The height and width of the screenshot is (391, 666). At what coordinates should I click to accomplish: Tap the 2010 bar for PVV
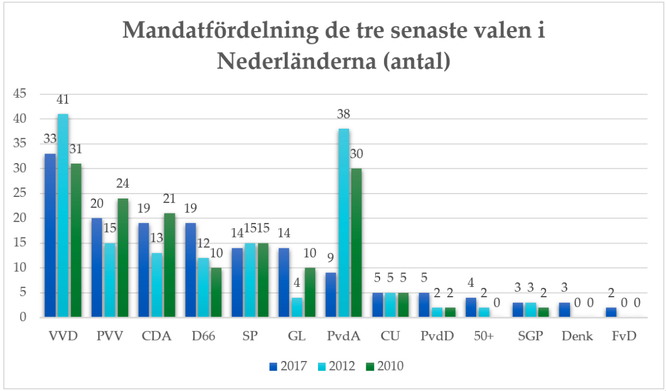click(x=123, y=257)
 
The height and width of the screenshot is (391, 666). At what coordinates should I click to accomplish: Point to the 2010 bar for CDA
click(x=169, y=265)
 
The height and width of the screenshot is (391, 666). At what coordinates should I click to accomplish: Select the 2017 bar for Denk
click(x=564, y=310)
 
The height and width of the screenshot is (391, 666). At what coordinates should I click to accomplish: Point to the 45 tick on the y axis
click(x=19, y=94)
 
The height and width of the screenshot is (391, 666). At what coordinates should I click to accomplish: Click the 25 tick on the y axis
click(x=19, y=194)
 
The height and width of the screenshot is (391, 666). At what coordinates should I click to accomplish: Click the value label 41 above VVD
click(x=63, y=100)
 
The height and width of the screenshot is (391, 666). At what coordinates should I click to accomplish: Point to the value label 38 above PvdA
click(x=344, y=115)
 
